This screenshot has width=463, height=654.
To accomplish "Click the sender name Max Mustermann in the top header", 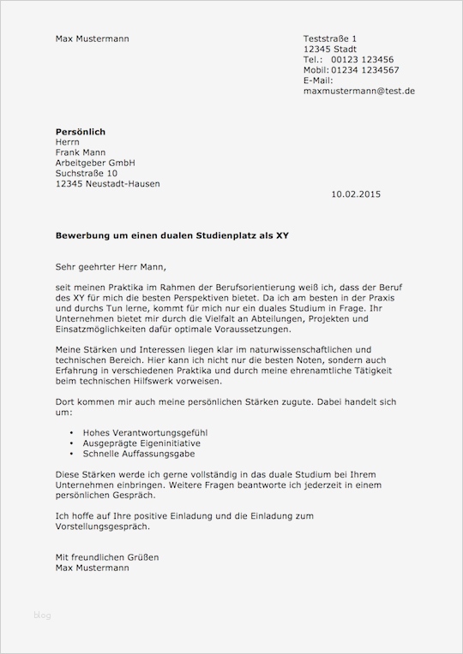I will point(93,39).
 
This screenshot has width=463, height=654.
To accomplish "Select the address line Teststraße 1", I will point(330,39).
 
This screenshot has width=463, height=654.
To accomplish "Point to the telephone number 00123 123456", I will point(364,59).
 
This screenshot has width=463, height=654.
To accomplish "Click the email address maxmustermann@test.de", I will point(359,90).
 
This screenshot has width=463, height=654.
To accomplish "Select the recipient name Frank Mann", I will point(81,152).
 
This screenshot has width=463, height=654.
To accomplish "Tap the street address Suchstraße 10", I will point(87,173).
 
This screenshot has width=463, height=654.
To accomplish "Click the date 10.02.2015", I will point(355,194).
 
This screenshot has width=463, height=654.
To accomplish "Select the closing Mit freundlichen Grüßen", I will point(106,556).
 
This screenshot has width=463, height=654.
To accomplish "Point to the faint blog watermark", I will point(43,615).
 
